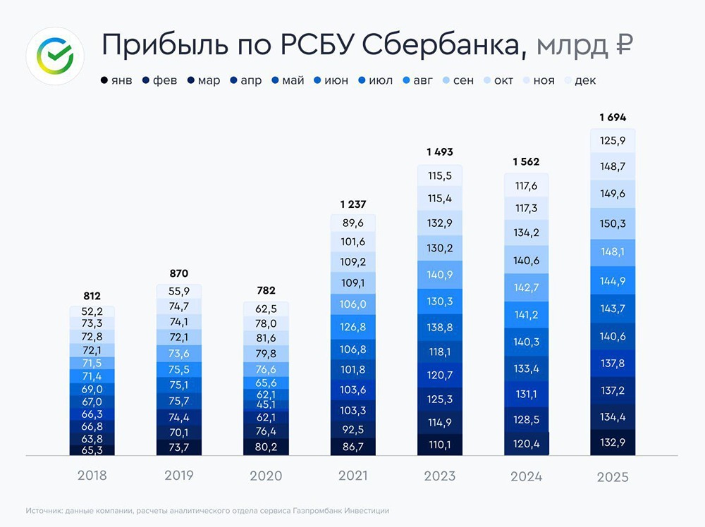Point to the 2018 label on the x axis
tap(92, 476)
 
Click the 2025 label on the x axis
tap(612, 477)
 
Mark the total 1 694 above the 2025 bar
tap(612, 117)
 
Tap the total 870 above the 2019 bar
tap(178, 273)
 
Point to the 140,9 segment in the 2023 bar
tap(440, 275)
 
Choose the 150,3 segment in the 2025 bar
tap(612, 223)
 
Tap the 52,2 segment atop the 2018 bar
tap(92, 312)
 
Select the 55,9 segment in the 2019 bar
tap(178, 292)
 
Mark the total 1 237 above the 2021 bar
tap(352, 204)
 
